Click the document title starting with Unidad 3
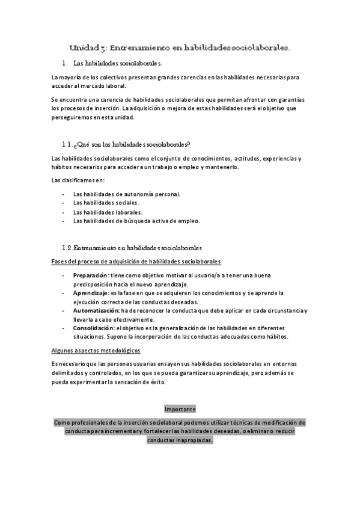point(180,46)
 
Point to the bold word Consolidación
point(93,328)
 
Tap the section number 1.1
point(67,144)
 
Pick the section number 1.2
point(67,247)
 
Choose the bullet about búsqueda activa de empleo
point(136,221)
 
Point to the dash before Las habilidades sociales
point(64,203)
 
